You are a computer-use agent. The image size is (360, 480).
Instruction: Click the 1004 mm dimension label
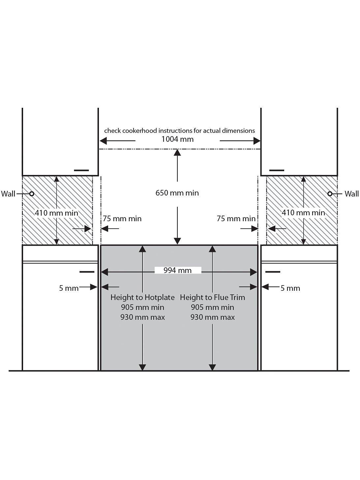[177, 139]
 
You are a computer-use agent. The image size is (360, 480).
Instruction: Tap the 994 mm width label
[177, 271]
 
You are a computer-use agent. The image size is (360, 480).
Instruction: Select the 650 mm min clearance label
[177, 193]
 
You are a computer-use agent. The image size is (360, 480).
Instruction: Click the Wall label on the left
[8, 194]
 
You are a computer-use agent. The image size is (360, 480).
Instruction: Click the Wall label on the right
[351, 194]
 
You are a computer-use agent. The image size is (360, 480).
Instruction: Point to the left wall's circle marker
[32, 194]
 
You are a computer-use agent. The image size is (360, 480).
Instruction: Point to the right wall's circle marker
[330, 194]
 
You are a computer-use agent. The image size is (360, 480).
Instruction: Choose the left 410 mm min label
[56, 213]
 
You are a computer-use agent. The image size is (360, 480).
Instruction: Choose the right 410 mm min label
[303, 213]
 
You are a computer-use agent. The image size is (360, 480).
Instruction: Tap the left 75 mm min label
[122, 219]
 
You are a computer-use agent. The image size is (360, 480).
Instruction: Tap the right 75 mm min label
[236, 219]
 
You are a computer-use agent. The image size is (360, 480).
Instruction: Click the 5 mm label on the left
[69, 288]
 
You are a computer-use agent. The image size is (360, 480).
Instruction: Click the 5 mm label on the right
[290, 288]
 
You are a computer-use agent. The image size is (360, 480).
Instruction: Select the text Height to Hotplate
[142, 297]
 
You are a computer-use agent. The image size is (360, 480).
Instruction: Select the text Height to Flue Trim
[212, 297]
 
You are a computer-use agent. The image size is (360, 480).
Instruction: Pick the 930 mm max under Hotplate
[142, 317]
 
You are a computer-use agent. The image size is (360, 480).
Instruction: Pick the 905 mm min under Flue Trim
[212, 307]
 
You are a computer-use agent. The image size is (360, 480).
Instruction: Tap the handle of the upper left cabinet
[81, 170]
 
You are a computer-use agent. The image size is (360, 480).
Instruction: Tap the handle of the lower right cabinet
[273, 272]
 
